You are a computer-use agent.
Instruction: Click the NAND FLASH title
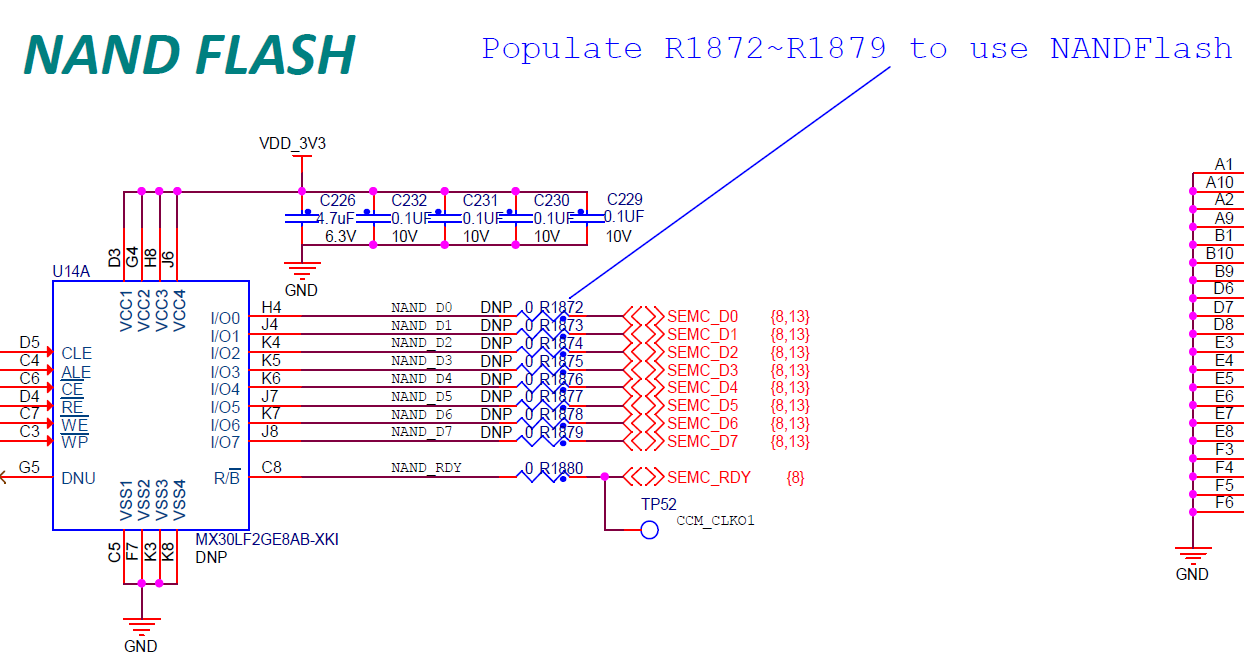point(189,55)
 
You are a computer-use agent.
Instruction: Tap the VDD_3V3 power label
point(292,143)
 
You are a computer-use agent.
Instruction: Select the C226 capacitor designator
point(337,200)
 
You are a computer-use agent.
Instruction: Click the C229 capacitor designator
point(625,200)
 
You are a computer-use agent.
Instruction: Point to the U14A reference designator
point(71,271)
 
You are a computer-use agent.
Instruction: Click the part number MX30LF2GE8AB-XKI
point(267,540)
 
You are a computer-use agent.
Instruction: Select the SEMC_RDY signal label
point(708,478)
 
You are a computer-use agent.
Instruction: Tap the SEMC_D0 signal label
point(702,317)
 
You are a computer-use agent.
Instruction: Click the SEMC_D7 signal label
point(702,441)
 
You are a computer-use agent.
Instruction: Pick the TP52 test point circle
point(649,530)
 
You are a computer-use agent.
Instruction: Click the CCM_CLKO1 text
point(715,521)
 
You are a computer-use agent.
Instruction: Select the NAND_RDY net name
point(426,468)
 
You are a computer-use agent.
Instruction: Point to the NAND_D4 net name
point(421,379)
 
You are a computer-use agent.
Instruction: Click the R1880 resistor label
point(561,468)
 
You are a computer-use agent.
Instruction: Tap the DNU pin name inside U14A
point(78,478)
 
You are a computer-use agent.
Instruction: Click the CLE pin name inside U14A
point(76,353)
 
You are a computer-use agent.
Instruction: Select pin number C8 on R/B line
point(271,467)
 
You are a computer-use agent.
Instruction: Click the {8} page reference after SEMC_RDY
point(795,478)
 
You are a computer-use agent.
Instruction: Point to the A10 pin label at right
point(1219,182)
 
